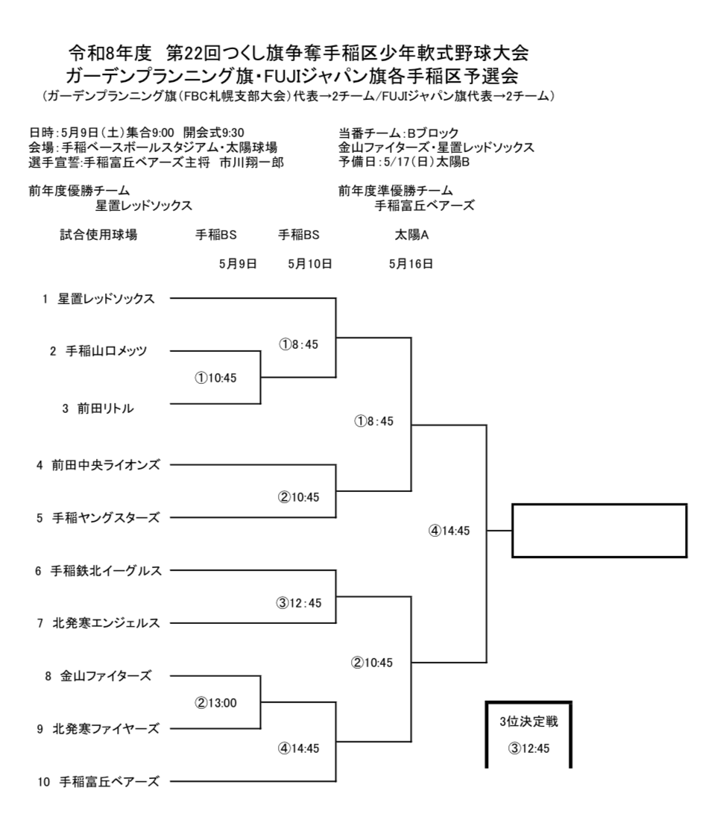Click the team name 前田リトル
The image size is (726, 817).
[103, 408]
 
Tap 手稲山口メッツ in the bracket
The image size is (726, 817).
[112, 352]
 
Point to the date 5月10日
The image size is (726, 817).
[309, 263]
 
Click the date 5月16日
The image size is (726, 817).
[411, 263]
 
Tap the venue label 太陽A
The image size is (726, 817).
[411, 235]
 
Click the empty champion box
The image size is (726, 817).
[599, 531]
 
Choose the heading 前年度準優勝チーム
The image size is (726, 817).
[395, 190]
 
